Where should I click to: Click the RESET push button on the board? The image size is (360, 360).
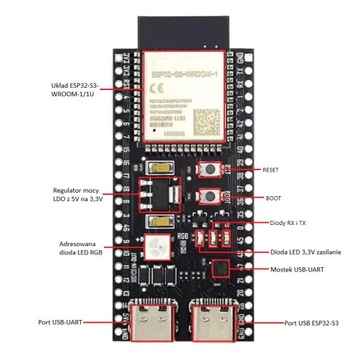click(211, 170)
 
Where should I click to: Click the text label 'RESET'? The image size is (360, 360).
click(273, 171)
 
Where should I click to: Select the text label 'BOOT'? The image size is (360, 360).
click(273, 197)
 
